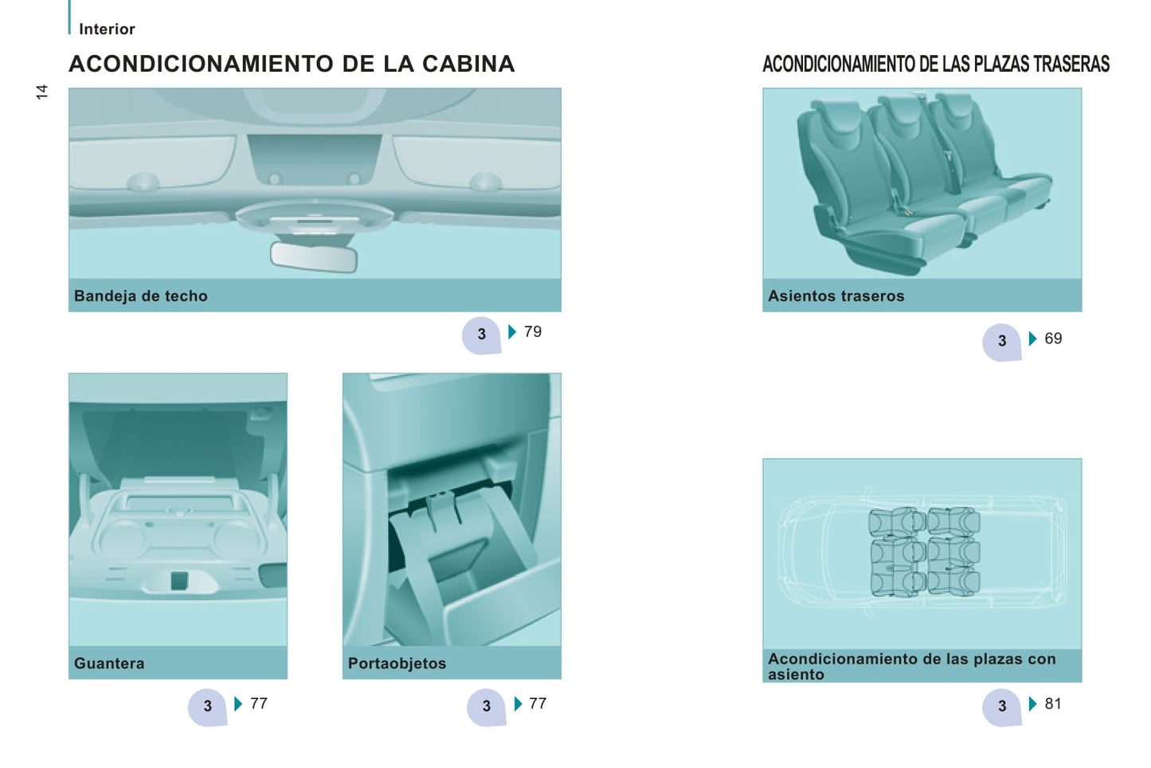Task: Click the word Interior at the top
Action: [107, 29]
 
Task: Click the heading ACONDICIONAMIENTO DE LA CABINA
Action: [292, 64]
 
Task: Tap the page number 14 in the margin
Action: [41, 92]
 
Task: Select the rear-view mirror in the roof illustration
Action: [314, 257]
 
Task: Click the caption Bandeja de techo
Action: [141, 296]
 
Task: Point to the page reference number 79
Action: [533, 331]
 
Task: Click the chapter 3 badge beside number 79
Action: [481, 335]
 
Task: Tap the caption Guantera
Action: [109, 663]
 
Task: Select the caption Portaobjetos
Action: [397, 663]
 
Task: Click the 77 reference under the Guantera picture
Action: [259, 703]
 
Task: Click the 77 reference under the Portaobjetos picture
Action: [538, 703]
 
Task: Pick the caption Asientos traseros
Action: [836, 296]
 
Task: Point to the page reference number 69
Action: [1053, 339]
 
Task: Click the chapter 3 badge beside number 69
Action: [1002, 341]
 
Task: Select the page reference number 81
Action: [1053, 703]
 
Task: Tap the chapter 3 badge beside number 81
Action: [1002, 707]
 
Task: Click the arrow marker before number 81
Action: [1033, 703]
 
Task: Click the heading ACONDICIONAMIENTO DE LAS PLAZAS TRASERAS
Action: [936, 65]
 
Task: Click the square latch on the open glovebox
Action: [178, 581]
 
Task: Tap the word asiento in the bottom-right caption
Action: [796, 675]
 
